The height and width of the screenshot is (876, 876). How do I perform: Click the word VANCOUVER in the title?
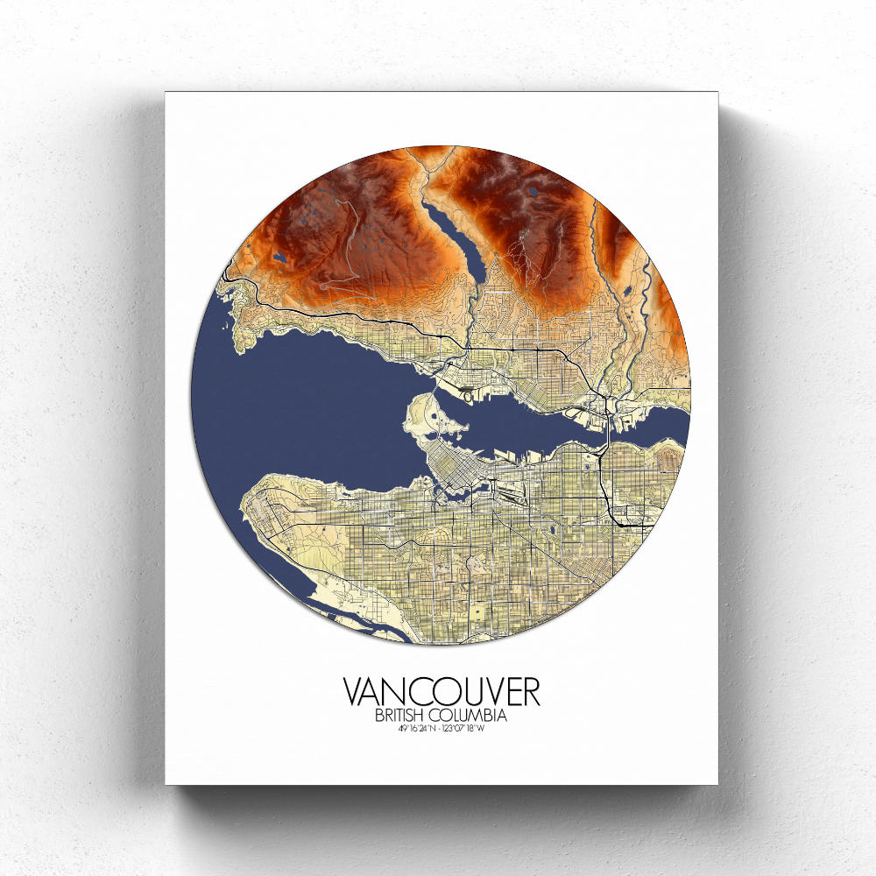click(x=442, y=691)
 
